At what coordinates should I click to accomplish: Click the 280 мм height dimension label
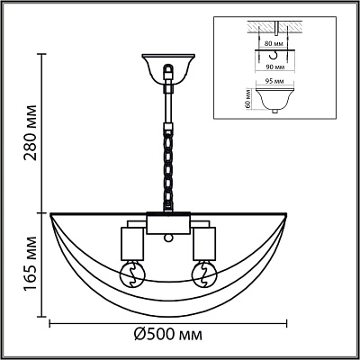coord(31,132)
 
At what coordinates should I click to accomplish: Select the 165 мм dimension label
coord(31,264)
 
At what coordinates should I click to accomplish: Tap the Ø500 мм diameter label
coord(168,335)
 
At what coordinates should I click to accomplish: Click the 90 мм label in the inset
coord(275,67)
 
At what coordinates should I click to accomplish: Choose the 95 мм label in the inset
coord(275,81)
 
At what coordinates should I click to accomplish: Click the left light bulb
coord(132,273)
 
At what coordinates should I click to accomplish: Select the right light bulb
coord(204,273)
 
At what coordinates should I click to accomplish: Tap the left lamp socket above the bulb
coord(132,244)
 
